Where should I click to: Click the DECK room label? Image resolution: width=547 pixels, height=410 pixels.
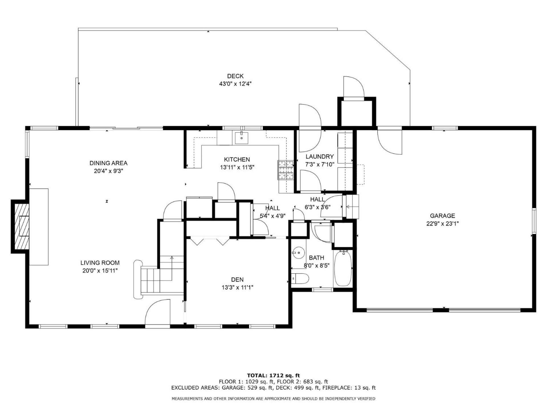[235, 76]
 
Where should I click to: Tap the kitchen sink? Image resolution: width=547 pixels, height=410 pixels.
[242, 138]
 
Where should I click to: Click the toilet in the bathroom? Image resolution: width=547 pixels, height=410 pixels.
[300, 278]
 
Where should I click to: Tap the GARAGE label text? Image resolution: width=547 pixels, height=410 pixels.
[442, 216]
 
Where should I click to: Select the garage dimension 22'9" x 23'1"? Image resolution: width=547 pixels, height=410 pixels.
[442, 224]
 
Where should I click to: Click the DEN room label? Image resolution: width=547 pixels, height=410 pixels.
[237, 280]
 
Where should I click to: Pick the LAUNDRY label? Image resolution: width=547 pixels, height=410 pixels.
[320, 156]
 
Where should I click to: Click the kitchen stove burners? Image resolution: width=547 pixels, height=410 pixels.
[286, 170]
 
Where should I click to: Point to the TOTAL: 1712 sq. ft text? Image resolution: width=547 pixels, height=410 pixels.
[273, 376]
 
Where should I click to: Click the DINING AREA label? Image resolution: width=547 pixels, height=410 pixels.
[108, 163]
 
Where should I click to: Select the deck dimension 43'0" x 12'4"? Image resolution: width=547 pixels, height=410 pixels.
[235, 84]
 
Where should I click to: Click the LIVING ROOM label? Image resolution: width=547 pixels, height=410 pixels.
[100, 263]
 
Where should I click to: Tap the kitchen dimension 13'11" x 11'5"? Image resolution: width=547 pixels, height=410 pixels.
[237, 167]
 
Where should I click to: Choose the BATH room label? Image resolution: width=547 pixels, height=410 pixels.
[317, 258]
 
